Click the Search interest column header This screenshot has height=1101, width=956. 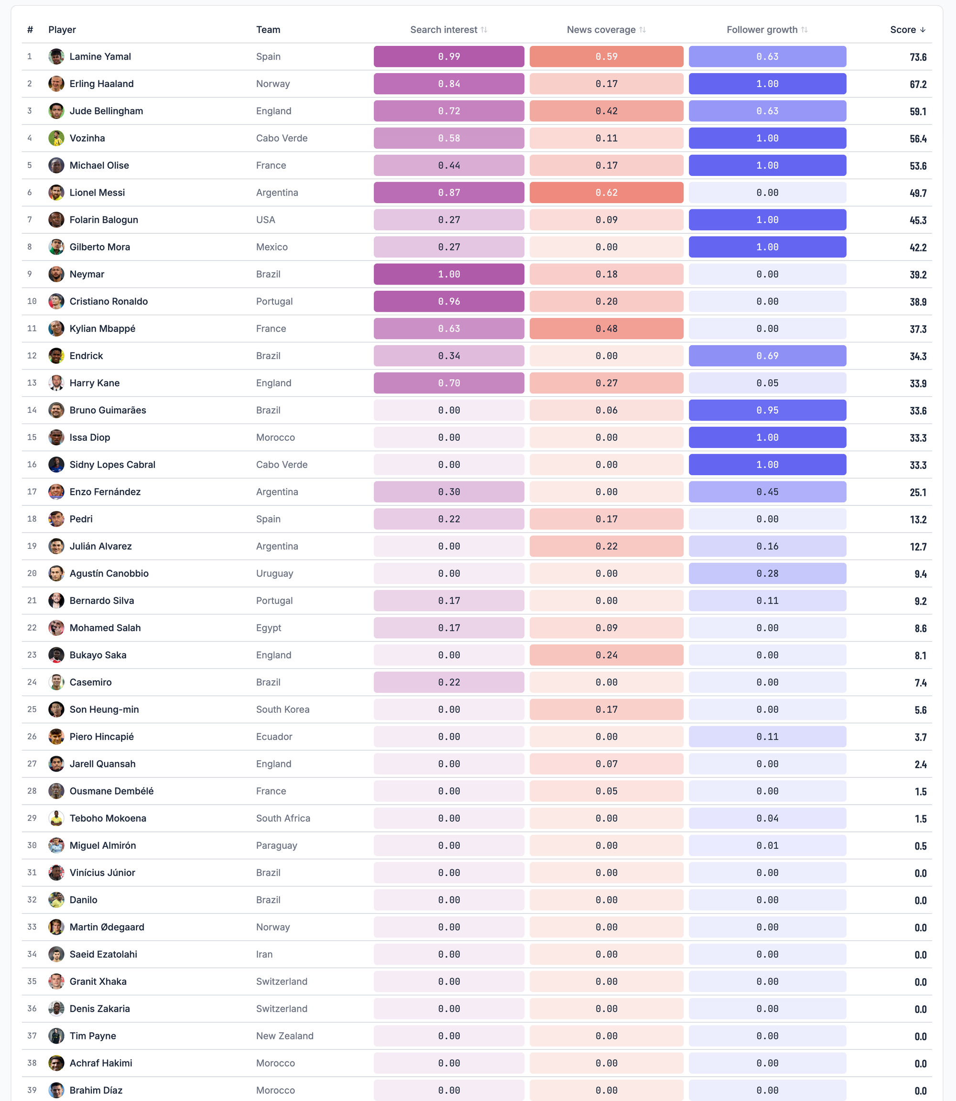click(449, 30)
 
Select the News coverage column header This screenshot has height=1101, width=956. click(606, 30)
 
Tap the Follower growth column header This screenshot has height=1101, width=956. click(767, 30)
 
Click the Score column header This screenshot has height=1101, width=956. click(907, 30)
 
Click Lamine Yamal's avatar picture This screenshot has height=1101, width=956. click(56, 56)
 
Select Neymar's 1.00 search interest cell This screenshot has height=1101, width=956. click(449, 274)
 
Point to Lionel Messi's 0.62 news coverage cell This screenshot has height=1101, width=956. click(607, 193)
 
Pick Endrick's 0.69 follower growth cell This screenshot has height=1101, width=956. click(767, 356)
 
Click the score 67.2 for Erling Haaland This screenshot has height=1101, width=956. click(918, 84)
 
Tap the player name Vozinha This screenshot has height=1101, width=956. click(87, 138)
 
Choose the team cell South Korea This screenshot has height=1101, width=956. click(283, 709)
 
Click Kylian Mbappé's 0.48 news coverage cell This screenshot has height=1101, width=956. click(607, 328)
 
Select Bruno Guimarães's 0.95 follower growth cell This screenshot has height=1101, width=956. click(767, 410)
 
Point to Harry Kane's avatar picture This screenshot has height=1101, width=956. click(56, 383)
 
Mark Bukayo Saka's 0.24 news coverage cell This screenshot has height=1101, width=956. click(607, 655)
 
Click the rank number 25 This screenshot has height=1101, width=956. click(32, 709)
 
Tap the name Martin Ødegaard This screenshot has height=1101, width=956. click(107, 927)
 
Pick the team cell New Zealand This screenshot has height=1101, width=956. click(285, 1036)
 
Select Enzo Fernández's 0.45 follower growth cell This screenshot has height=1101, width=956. click(767, 492)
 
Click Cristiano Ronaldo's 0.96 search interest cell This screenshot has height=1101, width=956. click(449, 301)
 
